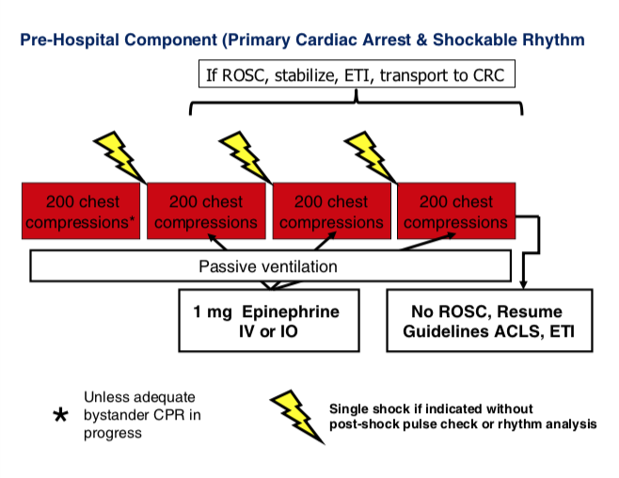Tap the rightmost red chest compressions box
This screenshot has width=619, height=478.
(x=455, y=212)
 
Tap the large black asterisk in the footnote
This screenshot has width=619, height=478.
(x=60, y=415)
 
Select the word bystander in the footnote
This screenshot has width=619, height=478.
(x=118, y=414)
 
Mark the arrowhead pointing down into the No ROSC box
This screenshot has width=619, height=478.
(x=524, y=284)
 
